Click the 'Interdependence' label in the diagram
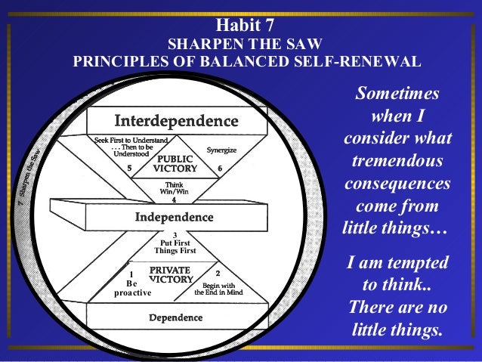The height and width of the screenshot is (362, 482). [176, 121]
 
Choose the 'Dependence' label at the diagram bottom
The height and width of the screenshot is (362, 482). [175, 317]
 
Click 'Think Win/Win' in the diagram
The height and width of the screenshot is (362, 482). [175, 189]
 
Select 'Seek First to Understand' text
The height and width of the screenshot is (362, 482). [130, 141]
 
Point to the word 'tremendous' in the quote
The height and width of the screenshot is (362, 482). [397, 162]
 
